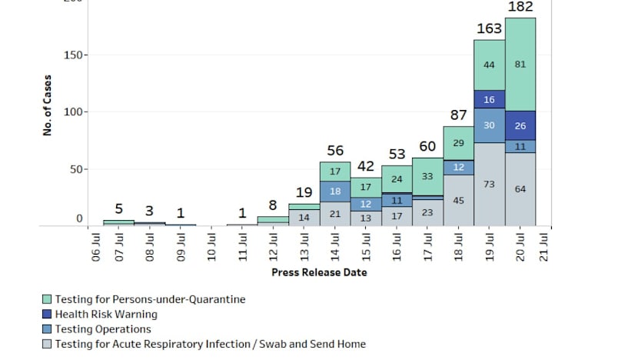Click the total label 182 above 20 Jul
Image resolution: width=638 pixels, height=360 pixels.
pyautogui.click(x=520, y=7)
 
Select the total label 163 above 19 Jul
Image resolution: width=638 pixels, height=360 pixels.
pyautogui.click(x=489, y=29)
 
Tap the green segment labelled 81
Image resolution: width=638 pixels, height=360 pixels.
pyautogui.click(x=520, y=65)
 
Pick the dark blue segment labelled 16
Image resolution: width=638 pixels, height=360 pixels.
pyautogui.click(x=489, y=100)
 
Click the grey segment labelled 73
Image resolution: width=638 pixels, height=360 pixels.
pyautogui.click(x=489, y=185)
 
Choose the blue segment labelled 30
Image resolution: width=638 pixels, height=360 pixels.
pyautogui.click(x=489, y=125)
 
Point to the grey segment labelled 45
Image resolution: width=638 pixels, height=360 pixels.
pyautogui.click(x=458, y=201)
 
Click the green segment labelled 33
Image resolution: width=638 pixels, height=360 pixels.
pyautogui.click(x=427, y=177)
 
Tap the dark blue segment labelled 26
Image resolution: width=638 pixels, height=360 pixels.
pyautogui.click(x=520, y=125)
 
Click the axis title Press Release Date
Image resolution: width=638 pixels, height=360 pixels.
pyautogui.click(x=319, y=272)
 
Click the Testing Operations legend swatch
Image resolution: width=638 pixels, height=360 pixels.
pyautogui.click(x=48, y=329)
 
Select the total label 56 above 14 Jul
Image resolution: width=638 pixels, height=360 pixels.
pyautogui.click(x=335, y=151)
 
